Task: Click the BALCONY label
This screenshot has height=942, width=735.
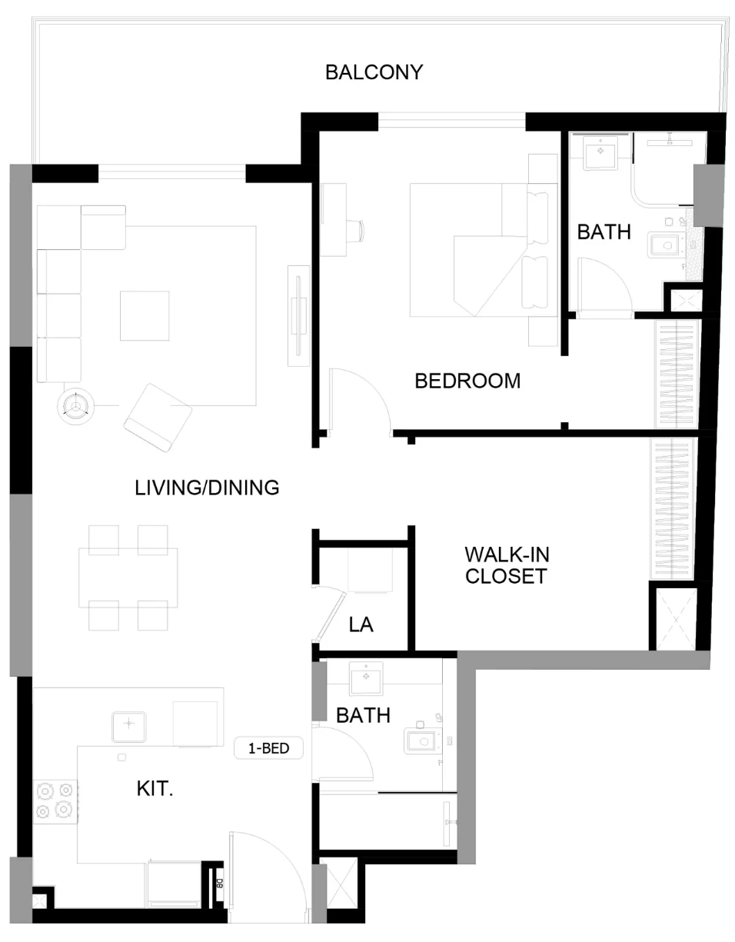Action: point(374,72)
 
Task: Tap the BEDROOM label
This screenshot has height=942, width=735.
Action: point(467,381)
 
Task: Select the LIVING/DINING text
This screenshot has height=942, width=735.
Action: point(207,488)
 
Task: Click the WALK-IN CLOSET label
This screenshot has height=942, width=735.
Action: point(507,565)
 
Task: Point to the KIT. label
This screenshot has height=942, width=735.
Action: point(155,788)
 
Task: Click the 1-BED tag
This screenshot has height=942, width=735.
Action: point(268,748)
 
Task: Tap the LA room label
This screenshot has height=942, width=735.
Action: point(361,624)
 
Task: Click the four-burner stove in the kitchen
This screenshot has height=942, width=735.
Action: point(55,802)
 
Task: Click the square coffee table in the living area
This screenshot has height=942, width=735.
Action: point(145,315)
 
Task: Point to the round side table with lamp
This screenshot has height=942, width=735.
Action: point(76,406)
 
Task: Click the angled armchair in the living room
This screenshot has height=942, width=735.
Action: point(158,418)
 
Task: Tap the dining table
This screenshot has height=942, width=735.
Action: point(128,578)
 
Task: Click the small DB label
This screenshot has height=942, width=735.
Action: point(219,884)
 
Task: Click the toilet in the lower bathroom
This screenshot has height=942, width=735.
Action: point(421,741)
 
